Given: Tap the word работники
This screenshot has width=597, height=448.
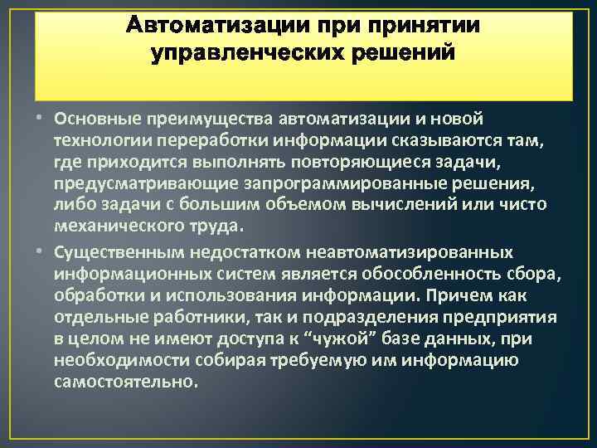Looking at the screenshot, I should click(x=182, y=317).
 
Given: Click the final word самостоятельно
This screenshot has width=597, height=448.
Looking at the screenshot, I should click(x=124, y=381).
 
